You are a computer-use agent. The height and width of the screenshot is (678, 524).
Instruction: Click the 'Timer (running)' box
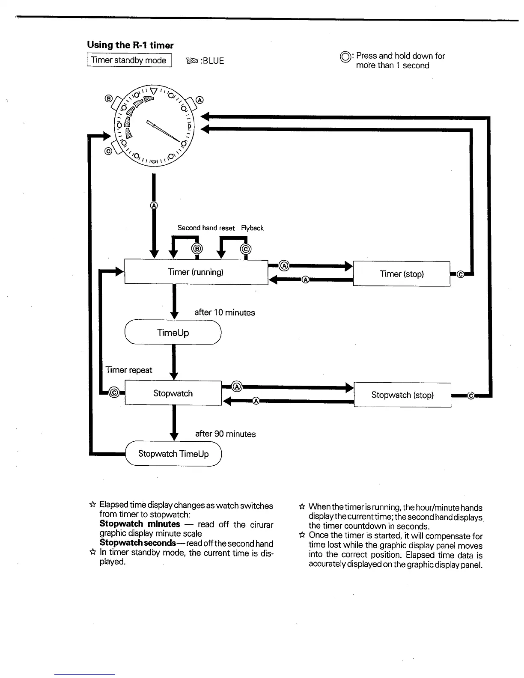click(x=196, y=272)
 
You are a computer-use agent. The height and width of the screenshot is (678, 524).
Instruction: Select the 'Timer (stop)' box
click(x=402, y=274)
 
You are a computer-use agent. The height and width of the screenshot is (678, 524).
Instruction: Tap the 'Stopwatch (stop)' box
click(x=402, y=395)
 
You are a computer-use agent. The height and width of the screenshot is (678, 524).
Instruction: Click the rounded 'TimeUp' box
click(x=173, y=333)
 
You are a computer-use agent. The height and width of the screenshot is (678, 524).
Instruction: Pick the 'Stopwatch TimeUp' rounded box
click(x=173, y=454)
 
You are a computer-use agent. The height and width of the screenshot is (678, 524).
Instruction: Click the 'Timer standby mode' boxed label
click(x=129, y=60)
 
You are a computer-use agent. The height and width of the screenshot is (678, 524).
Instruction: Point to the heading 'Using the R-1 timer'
click(x=130, y=45)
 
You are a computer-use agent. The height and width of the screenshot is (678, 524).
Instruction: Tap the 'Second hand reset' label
click(x=206, y=228)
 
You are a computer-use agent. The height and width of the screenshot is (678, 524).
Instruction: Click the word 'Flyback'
click(x=252, y=228)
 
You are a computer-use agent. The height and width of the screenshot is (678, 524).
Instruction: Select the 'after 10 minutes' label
click(x=224, y=312)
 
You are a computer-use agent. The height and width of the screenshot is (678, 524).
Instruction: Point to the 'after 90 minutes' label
click(x=225, y=434)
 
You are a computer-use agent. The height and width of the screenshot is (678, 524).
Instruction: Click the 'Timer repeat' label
click(x=129, y=370)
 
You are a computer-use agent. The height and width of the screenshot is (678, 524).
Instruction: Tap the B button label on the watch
click(x=108, y=99)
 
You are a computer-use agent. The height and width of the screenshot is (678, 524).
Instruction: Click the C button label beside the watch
click(x=108, y=151)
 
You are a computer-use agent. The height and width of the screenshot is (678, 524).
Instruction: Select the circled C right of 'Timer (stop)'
click(x=461, y=274)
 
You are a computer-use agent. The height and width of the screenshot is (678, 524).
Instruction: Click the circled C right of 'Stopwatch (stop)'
click(x=470, y=395)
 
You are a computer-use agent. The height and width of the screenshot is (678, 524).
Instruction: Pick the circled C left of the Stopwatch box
click(x=114, y=392)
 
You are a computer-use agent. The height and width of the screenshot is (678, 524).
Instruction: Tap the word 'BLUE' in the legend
click(x=213, y=61)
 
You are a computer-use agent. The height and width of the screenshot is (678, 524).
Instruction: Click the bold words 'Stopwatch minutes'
click(x=140, y=524)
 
